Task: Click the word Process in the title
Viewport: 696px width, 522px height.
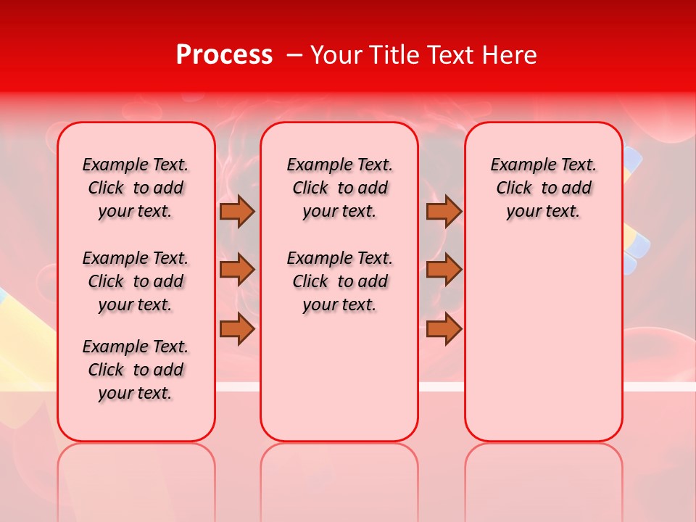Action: tap(224, 55)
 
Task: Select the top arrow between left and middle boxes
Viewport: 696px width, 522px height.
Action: tap(237, 211)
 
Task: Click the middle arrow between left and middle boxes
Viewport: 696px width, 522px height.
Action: tap(237, 270)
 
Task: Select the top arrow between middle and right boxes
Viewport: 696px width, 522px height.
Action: tap(444, 211)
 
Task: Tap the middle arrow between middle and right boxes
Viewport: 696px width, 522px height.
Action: tap(444, 270)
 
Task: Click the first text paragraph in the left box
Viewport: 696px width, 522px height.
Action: tap(136, 188)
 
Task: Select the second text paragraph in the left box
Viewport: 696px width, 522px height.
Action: tap(136, 281)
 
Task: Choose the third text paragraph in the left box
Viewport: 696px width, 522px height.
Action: tap(136, 370)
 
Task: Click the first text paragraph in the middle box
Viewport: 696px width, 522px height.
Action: tap(340, 188)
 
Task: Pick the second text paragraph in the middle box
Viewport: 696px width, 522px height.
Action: tap(340, 281)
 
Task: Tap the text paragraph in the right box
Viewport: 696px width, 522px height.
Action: tap(544, 188)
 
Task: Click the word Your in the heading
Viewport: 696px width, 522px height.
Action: tap(336, 55)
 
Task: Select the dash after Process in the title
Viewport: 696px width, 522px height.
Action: tap(294, 55)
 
